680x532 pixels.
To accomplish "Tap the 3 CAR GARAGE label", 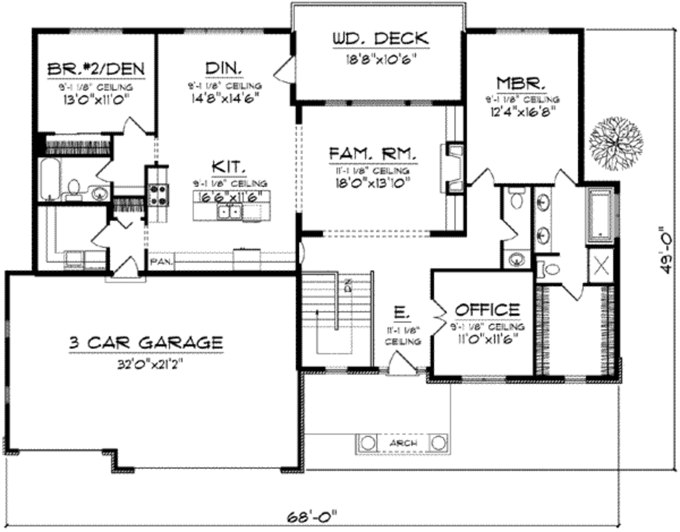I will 145,342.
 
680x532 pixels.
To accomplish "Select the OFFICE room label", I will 487,310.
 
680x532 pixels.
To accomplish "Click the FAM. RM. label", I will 373,154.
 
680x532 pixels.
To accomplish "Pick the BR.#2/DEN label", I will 96,69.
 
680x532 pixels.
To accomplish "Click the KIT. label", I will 230,166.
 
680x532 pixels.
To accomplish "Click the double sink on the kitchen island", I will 230,212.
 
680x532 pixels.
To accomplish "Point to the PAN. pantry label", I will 161,262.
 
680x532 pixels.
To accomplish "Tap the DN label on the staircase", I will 347,286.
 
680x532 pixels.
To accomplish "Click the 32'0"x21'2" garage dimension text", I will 145,363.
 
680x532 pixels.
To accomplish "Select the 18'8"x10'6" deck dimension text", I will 380,58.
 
